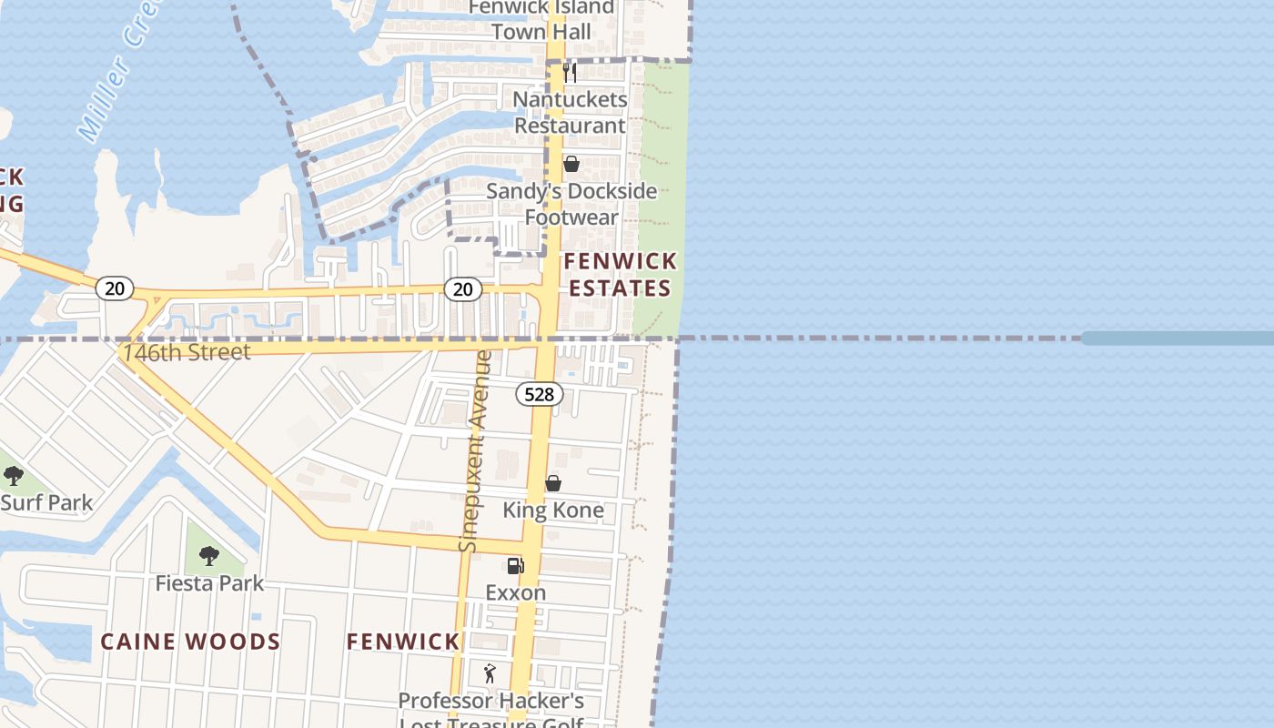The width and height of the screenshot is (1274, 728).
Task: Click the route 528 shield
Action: pos(539,394)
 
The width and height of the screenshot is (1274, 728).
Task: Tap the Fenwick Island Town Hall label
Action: pos(541,20)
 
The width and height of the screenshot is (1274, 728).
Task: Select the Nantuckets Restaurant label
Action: pos(570,112)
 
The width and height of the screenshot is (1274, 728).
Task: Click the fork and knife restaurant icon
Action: pos(570,72)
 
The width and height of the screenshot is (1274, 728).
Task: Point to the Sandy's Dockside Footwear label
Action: pos(571,204)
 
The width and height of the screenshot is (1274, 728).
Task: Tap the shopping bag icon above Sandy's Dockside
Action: pos(571,164)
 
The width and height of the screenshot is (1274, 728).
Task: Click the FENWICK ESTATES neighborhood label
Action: pos(620,275)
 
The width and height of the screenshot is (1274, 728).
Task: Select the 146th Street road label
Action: pos(187,352)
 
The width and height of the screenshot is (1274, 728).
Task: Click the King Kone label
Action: pos(553,510)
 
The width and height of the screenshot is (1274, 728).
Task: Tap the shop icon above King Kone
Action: pos(553,483)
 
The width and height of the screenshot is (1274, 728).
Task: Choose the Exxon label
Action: pos(516,592)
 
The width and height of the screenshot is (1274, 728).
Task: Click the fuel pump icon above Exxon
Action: pos(515,566)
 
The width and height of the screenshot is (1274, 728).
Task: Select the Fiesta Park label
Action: pos(209,583)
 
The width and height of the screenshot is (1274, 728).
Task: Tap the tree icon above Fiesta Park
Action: pos(209,554)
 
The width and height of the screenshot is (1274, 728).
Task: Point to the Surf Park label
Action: pos(46,502)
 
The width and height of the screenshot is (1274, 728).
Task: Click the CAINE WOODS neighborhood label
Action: pos(190,642)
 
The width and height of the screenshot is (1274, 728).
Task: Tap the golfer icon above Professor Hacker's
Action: pos(490,674)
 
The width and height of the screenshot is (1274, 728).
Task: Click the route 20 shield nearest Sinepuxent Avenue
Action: pos(463,289)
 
